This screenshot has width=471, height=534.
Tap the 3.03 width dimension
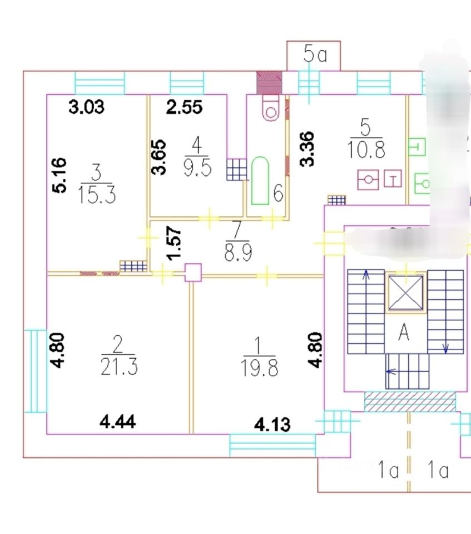point(86,106)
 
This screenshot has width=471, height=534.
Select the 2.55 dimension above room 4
point(184,106)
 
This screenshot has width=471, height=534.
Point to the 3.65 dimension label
point(160,157)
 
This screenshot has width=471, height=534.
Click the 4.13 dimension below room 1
point(272,424)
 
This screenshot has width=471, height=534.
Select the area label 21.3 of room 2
point(118,367)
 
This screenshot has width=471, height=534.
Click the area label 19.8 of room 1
point(260,368)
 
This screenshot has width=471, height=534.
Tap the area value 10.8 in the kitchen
point(365,150)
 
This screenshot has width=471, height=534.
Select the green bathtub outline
point(260,180)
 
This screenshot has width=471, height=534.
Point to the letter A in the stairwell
point(404,334)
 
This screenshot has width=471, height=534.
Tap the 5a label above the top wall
point(314,55)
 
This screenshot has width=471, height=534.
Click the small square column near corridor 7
point(192,273)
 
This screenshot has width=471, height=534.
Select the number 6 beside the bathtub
point(279,195)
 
